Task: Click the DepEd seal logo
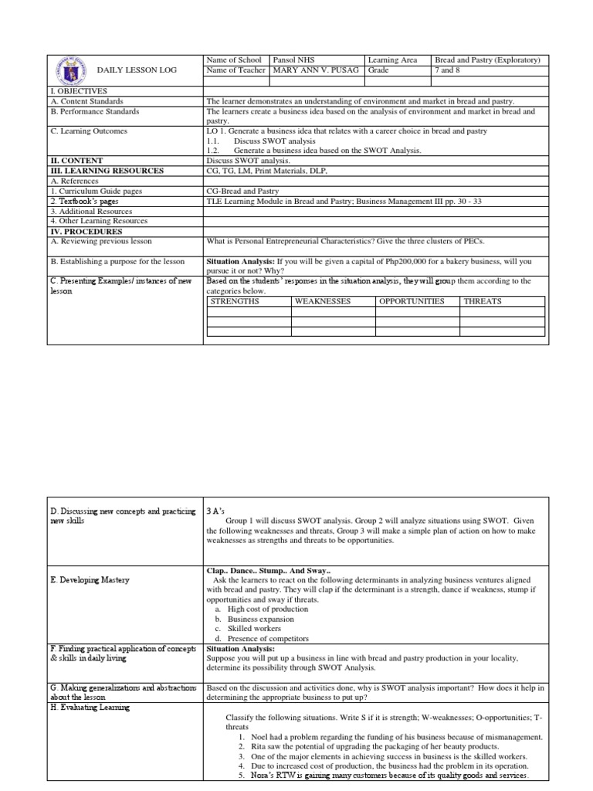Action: tap(69, 69)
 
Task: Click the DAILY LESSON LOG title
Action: tap(137, 70)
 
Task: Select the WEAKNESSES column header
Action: tap(323, 302)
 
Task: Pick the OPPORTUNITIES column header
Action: tap(411, 302)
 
